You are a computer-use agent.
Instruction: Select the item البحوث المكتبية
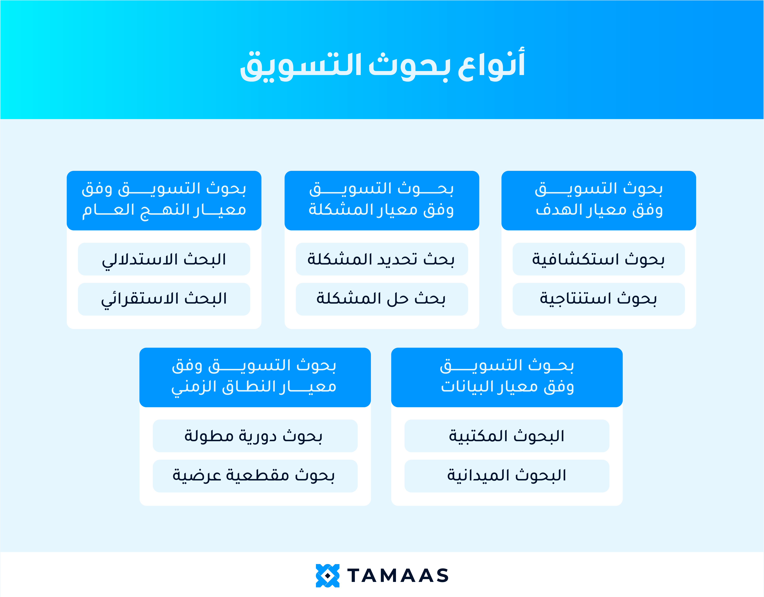[507, 436]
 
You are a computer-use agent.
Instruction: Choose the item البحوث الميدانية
[507, 476]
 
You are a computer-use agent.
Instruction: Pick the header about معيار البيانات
[507, 377]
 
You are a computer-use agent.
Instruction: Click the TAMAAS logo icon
[327, 575]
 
